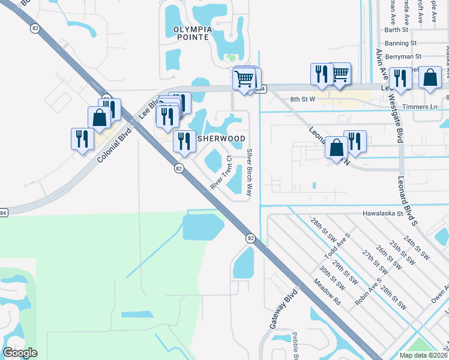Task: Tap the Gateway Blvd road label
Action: (x=275, y=310)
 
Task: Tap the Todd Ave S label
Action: (x=337, y=247)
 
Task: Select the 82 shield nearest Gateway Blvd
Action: (x=250, y=238)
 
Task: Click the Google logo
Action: (x=20, y=353)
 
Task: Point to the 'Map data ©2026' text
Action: (x=424, y=355)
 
